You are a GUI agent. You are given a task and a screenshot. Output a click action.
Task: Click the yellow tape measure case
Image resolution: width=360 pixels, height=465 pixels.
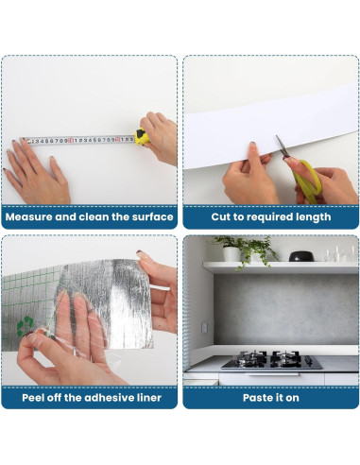[x=142, y=137]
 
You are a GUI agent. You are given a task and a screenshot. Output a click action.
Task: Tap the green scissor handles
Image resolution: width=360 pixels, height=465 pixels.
[x=306, y=181]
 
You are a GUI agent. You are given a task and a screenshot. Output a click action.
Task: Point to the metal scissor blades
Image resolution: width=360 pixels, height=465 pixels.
[x=283, y=146]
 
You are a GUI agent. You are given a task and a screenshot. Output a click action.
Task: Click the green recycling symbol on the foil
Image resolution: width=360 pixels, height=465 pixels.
[x=25, y=326]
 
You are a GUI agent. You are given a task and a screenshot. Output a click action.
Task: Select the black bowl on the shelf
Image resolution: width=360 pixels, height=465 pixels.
[x=301, y=256]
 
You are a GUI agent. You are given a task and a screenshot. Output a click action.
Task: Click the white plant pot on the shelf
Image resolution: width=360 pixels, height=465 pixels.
[x=231, y=253]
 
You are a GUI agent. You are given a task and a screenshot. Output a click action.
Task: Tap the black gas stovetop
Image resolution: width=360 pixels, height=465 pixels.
[x=271, y=360]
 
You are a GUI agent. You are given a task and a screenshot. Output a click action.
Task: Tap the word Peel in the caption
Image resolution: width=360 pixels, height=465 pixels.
[x=32, y=398]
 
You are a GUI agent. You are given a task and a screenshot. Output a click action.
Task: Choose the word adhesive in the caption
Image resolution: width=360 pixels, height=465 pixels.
[x=109, y=398]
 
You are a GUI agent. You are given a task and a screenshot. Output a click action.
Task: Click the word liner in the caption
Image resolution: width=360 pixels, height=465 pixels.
[x=149, y=398]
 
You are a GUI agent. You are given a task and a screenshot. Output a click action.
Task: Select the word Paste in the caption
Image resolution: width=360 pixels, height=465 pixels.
[x=256, y=398]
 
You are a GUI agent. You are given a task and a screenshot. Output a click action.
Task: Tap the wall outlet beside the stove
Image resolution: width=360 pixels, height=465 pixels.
[x=205, y=328]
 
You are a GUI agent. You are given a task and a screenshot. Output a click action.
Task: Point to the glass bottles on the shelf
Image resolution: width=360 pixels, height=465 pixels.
[x=340, y=254]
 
